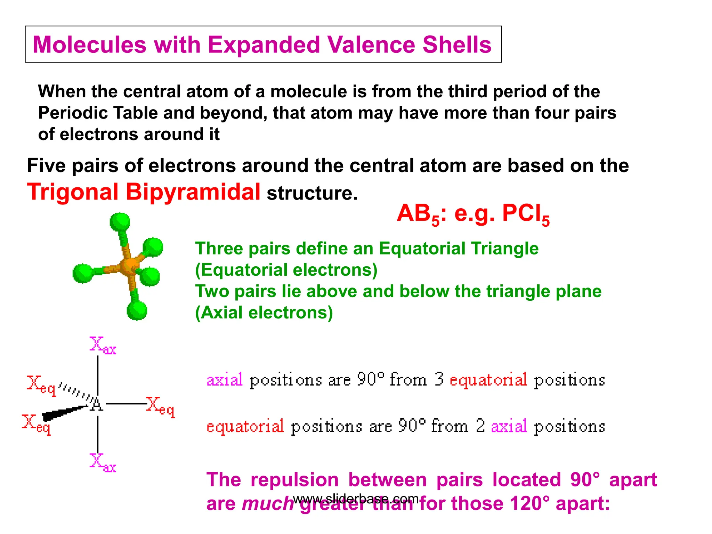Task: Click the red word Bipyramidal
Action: coord(193,192)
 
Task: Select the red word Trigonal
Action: coord(73,192)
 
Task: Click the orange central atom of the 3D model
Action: coord(129,266)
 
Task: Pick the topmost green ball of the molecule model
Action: coord(120,222)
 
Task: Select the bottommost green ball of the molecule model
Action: coord(137,310)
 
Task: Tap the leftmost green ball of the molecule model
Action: coord(83,273)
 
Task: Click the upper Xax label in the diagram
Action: coord(102,346)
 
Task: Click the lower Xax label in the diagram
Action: coord(102,462)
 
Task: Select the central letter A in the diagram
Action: coord(97,405)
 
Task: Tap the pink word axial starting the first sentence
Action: coord(225,380)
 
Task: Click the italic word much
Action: coord(268,503)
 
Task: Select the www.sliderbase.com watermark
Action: coord(355,499)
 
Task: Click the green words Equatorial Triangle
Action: coord(458,248)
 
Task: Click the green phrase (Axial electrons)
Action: coord(264,312)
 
